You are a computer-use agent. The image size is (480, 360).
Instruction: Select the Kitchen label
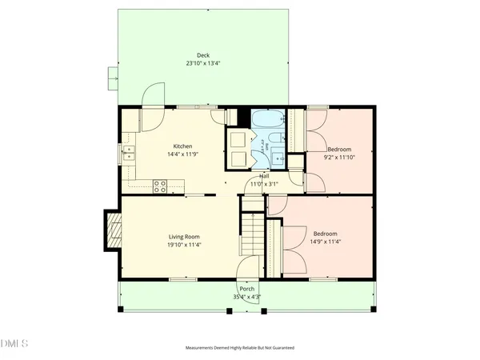[182, 146]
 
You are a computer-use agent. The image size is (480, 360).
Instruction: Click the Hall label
[264, 175]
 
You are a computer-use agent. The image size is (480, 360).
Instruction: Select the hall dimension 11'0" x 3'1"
[264, 183]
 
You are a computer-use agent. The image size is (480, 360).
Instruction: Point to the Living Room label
[183, 237]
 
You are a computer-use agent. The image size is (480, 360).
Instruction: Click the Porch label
[246, 289]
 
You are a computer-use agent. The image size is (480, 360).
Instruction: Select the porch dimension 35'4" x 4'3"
[246, 297]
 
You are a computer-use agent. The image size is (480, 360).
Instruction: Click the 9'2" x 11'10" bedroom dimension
[340, 158]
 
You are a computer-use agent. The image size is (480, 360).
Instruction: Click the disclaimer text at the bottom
[240, 349]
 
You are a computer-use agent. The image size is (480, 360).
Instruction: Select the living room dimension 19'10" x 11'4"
[183, 245]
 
